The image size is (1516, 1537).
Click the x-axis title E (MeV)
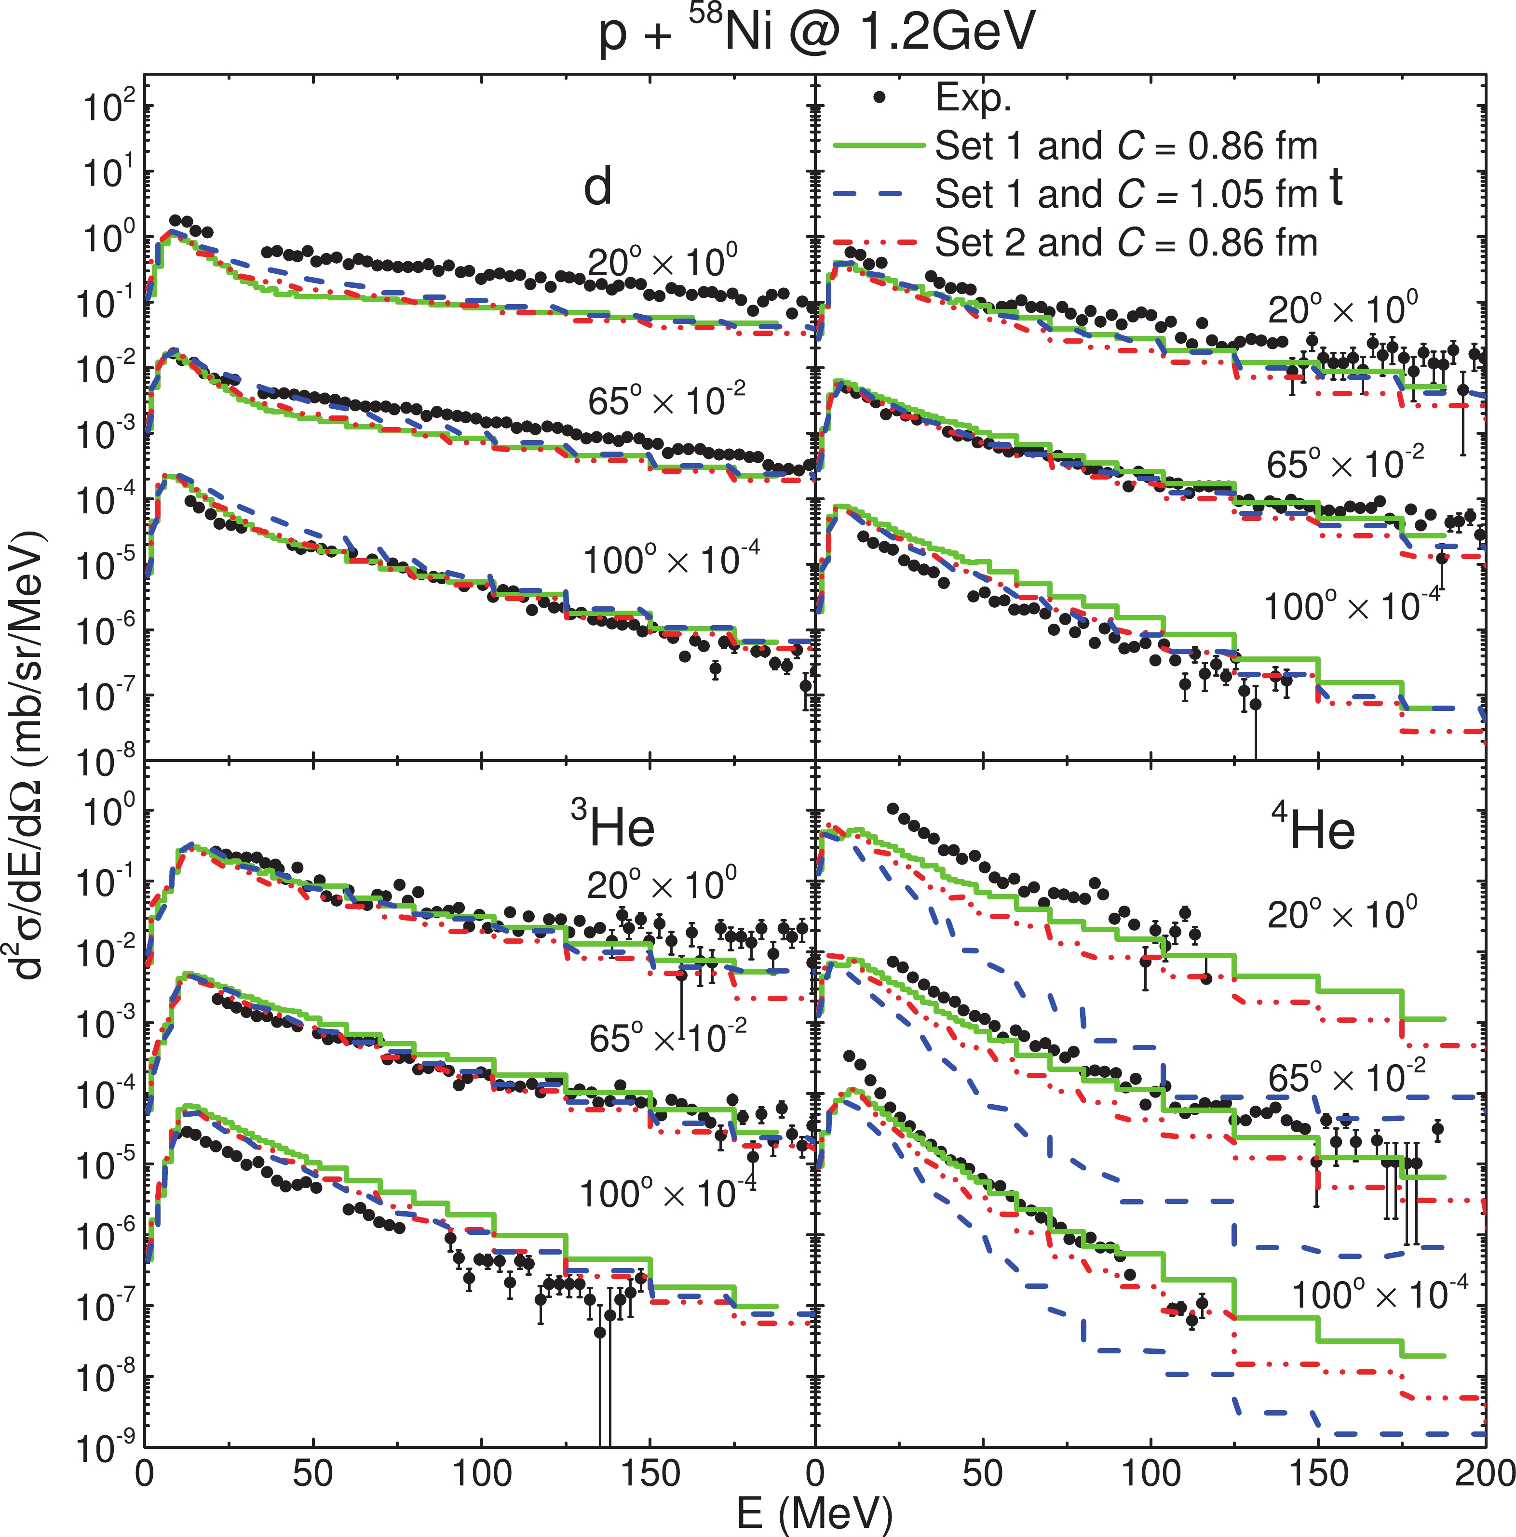tap(814, 1512)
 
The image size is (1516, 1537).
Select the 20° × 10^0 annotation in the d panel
tap(662, 263)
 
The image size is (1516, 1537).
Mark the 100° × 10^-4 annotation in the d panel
tap(671, 559)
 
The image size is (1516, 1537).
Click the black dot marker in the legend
tap(879, 98)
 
